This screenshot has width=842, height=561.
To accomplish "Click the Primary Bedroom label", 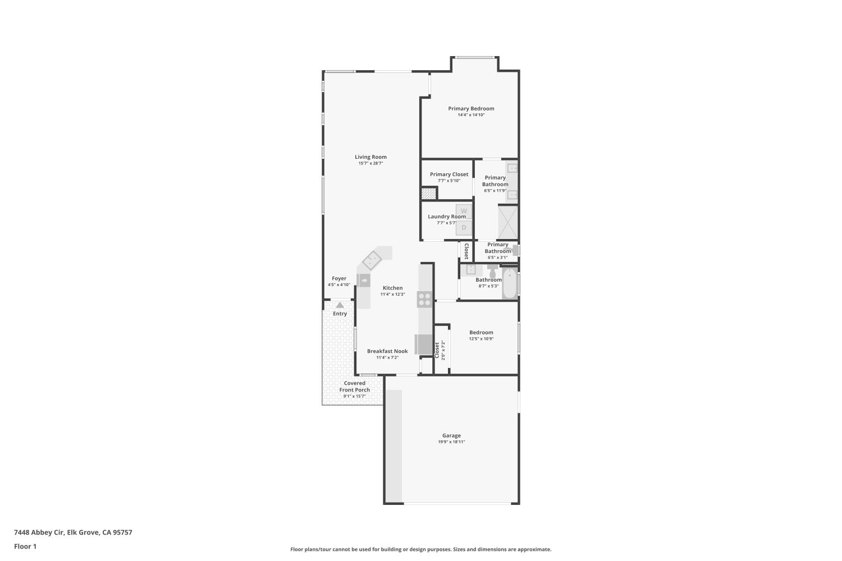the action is click(x=471, y=108).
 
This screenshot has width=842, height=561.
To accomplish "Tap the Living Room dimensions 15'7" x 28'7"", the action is click(x=370, y=164).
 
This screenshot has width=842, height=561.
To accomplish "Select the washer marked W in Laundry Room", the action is click(x=464, y=211).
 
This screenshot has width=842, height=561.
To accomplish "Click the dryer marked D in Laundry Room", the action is click(x=464, y=227).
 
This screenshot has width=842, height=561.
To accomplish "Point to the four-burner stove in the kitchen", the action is click(x=424, y=299).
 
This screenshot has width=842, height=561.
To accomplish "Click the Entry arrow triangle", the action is click(x=340, y=305).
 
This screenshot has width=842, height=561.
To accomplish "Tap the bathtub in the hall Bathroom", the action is click(x=510, y=284).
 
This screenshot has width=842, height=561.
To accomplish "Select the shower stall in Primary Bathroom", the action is click(x=508, y=223).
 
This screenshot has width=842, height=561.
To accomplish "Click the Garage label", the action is click(x=451, y=435).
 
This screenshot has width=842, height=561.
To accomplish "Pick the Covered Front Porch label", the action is click(x=355, y=387).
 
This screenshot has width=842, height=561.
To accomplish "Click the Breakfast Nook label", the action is click(x=387, y=351).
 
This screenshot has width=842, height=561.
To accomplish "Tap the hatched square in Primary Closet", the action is click(x=429, y=194).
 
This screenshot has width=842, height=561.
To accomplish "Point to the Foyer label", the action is click(x=339, y=278).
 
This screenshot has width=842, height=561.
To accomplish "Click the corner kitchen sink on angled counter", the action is click(x=372, y=260).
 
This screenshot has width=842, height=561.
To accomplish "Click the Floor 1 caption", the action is click(x=25, y=546).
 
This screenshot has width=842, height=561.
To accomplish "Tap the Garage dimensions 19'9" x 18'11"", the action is click(x=451, y=442).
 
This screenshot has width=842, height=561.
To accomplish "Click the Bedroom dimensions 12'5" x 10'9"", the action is click(x=481, y=339).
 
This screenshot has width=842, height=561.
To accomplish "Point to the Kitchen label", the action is click(x=392, y=288).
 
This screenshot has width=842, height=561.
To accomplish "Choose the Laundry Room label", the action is click(x=447, y=217).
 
